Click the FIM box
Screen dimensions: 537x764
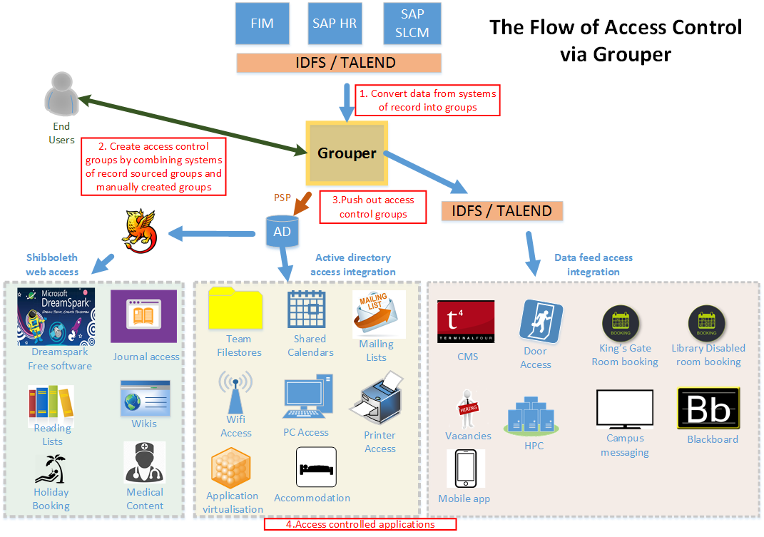(x=263, y=23)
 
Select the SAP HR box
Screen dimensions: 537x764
(x=335, y=23)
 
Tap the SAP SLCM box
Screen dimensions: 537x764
(x=412, y=23)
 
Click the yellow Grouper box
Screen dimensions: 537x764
(x=347, y=153)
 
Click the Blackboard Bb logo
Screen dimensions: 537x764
(x=708, y=409)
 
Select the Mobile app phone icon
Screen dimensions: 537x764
(x=466, y=469)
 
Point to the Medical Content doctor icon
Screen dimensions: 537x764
(x=145, y=462)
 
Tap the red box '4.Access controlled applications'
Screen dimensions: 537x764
(x=360, y=524)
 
